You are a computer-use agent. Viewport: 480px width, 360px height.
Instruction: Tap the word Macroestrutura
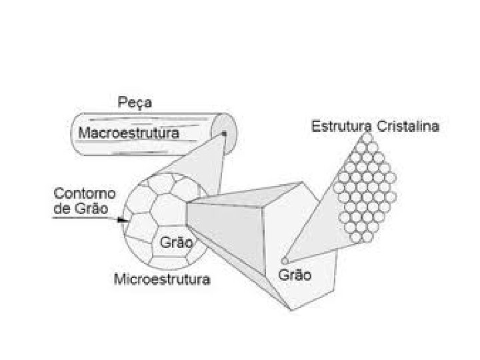[x=129, y=133]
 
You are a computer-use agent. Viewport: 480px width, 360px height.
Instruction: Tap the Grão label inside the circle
[x=175, y=243]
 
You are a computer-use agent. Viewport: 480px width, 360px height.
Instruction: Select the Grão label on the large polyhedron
[x=294, y=274]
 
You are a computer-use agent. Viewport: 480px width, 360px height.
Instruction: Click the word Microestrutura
[x=163, y=279]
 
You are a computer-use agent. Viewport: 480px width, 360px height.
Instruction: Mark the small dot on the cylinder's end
[x=225, y=134]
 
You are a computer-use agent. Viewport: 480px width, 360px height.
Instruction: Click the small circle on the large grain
[x=285, y=259]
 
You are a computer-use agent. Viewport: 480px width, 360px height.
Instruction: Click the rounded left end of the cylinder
[x=75, y=136]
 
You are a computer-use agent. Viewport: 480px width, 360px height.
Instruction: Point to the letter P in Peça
[x=122, y=104]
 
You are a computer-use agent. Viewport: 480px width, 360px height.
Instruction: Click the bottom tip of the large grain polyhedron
[x=291, y=311]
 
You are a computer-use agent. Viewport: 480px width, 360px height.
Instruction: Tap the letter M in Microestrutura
[x=121, y=279]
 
